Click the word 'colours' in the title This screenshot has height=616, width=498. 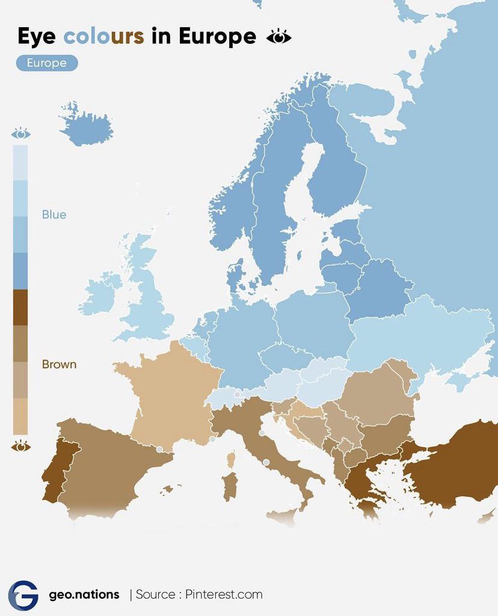click(103, 37)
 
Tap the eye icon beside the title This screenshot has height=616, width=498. click(278, 37)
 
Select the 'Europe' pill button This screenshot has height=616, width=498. click(47, 63)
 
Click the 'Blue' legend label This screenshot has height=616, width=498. click(54, 215)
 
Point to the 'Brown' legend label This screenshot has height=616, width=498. click(59, 364)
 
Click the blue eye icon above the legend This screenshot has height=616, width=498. click(20, 133)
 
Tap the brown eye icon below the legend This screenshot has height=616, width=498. click(20, 446)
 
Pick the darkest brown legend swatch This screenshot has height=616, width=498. click(20, 307)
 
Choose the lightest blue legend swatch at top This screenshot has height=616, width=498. click(20, 162)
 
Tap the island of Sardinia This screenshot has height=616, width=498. click(230, 486)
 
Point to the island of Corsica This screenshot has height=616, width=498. click(231, 460)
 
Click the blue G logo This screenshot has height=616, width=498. click(23, 595)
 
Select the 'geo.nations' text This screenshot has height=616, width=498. click(84, 595)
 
